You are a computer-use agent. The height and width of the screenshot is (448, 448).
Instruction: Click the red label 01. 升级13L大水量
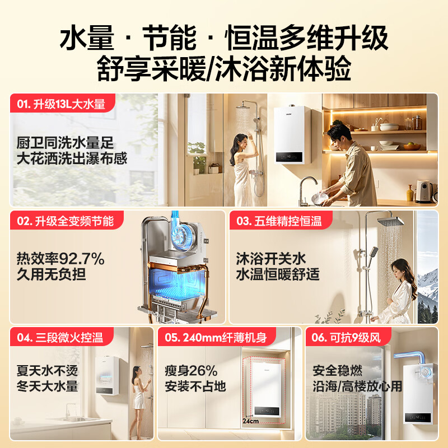tap(62, 103)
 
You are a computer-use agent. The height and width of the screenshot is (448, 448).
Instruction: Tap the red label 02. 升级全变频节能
tap(66, 220)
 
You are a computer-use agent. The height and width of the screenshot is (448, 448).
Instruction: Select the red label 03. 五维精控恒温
tap(281, 220)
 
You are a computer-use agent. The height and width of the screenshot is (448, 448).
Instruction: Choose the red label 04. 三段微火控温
tap(62, 337)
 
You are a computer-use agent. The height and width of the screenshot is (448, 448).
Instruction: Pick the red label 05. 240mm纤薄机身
tap(217, 337)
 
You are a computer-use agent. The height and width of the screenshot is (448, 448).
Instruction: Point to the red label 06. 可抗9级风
tap(348, 337)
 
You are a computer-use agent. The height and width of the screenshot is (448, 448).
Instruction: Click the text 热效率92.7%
tap(60, 259)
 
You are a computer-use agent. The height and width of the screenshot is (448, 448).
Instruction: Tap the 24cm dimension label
tap(250, 421)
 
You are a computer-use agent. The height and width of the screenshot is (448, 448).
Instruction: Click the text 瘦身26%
tap(191, 371)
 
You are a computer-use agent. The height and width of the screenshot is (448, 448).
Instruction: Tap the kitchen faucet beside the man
tap(306, 190)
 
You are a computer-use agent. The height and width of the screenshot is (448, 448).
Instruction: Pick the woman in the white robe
tap(399, 291)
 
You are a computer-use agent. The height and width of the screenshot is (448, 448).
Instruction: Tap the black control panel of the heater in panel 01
tap(289, 157)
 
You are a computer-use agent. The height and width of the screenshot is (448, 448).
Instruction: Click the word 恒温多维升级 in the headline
tap(306, 38)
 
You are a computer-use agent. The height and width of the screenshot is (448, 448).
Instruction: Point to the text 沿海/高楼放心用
tap(357, 386)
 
